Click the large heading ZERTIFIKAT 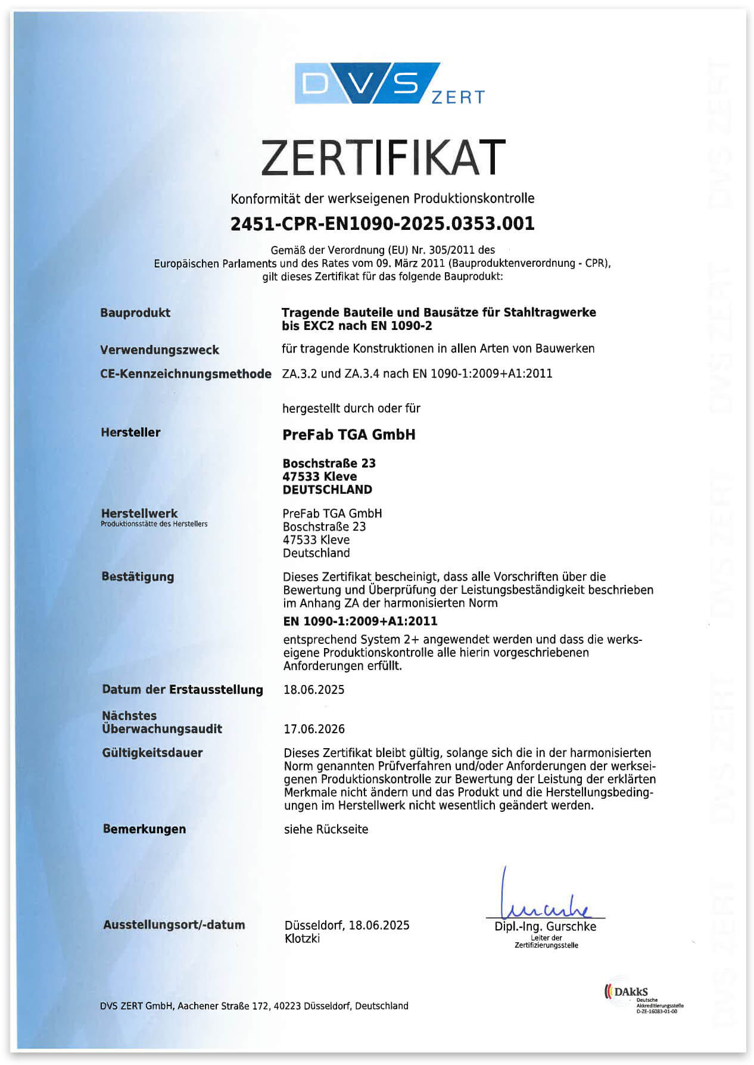point(383,157)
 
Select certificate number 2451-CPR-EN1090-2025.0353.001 point(382,224)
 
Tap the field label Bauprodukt point(135,313)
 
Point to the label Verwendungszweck point(160,350)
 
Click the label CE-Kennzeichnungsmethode point(186,374)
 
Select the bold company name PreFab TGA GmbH point(349,435)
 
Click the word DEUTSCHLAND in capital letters point(328,490)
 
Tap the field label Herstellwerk point(139,513)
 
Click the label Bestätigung point(138,577)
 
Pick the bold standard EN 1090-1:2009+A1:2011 point(360,621)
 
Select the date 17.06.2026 point(314,729)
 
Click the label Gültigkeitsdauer point(152,753)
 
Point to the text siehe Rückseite point(326,829)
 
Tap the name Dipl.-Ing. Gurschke point(545,927)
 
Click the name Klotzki point(303,939)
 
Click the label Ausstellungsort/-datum point(174,925)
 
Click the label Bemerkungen point(144,829)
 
